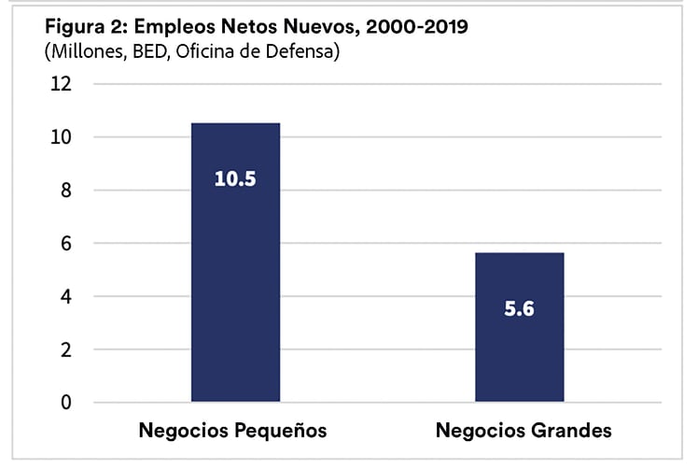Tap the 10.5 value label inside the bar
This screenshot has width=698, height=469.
point(235,178)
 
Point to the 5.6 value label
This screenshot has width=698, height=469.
point(519,309)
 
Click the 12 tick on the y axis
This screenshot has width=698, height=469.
point(62,84)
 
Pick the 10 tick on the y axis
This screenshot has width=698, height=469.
point(62,137)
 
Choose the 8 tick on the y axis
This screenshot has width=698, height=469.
point(65,191)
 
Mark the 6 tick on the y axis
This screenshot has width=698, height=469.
point(65,244)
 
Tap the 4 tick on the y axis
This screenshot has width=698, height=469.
point(65,297)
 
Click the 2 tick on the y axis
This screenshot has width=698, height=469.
point(65,350)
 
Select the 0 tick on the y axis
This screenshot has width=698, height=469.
point(65,403)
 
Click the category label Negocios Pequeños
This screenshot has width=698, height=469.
point(233,431)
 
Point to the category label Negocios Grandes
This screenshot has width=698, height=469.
point(523,431)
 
